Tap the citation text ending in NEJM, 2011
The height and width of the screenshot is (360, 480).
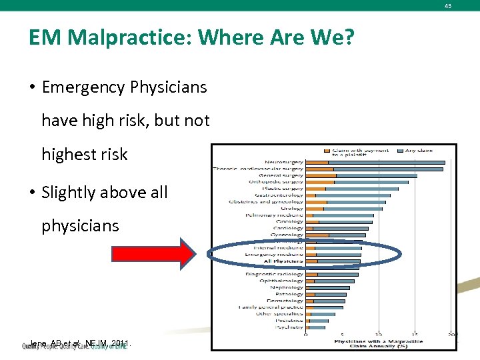[x=80, y=344]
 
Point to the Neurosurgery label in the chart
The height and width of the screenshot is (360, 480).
[x=283, y=162]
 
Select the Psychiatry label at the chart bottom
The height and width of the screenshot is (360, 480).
[x=289, y=327]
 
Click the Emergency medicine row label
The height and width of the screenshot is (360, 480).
[x=274, y=254]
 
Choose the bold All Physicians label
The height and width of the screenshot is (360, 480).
[x=283, y=261]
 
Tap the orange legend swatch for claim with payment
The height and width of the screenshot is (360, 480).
[x=327, y=151]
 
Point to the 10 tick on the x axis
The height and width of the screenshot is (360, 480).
[x=379, y=335]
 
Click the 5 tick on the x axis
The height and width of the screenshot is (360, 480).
[x=342, y=335]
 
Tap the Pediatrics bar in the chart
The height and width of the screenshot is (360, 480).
[x=317, y=321]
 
